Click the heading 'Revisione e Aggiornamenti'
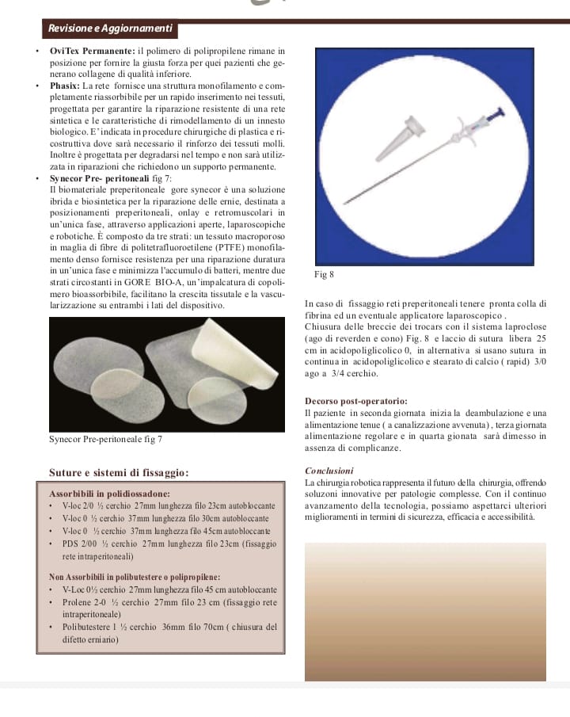[110, 29]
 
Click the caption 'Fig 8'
[325, 274]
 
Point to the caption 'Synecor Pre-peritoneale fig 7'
[107, 439]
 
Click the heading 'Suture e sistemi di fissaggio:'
[119, 473]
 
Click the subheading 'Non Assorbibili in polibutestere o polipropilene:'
[135, 577]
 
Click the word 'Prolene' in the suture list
[78, 601]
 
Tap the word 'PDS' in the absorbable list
[72, 543]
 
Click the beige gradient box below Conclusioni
[425, 610]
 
